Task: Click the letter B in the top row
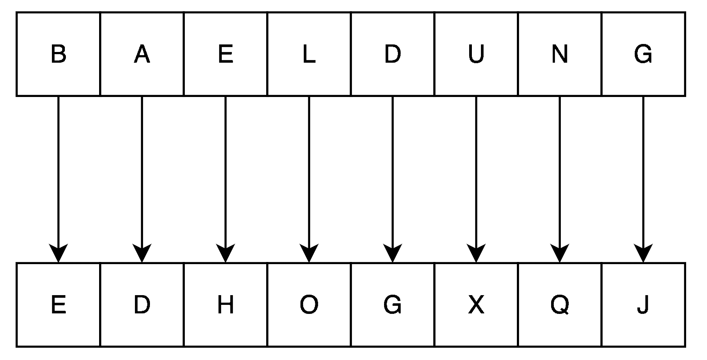coord(58,54)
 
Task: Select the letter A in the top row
coord(142,54)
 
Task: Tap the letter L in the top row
coord(309,54)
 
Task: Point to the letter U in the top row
coord(476,54)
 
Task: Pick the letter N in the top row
coord(560,54)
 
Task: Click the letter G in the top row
coord(643,54)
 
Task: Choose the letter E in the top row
coord(225,54)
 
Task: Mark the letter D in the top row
coord(393,54)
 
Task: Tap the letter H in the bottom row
coord(225,305)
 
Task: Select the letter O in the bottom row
coord(309,305)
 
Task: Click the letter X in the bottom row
coord(476,305)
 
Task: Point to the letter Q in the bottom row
coord(560,305)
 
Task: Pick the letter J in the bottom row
coord(643,305)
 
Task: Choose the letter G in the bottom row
coord(393,305)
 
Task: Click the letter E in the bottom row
coord(58,305)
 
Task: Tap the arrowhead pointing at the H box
coord(225,253)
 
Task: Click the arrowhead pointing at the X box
coord(476,253)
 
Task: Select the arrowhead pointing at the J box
coord(643,253)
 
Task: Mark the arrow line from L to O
coord(309,179)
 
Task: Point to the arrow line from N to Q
coord(560,179)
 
